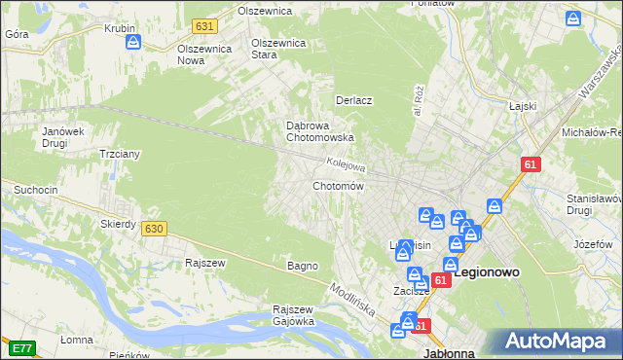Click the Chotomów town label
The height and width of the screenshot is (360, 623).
[338, 186]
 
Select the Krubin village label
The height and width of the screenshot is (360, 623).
[119, 28]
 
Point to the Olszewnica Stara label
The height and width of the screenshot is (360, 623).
[279, 49]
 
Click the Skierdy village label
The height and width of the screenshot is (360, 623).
[118, 224]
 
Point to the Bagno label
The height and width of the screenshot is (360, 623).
[303, 266]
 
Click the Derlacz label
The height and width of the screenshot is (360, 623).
[354, 100]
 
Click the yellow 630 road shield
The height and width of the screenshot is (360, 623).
[153, 229]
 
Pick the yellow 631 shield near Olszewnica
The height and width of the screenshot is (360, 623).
[204, 26]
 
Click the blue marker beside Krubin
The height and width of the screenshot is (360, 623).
[134, 43]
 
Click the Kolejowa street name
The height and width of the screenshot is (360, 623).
[346, 164]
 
